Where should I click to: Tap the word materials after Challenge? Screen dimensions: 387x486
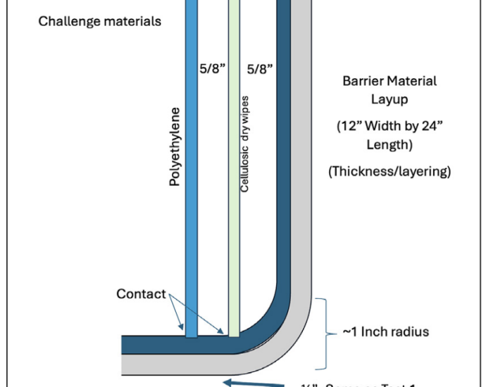point(132,21)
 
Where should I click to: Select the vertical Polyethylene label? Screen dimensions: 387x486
point(175,146)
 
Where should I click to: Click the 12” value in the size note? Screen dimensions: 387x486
point(347,127)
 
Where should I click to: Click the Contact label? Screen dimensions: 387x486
point(141,293)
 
